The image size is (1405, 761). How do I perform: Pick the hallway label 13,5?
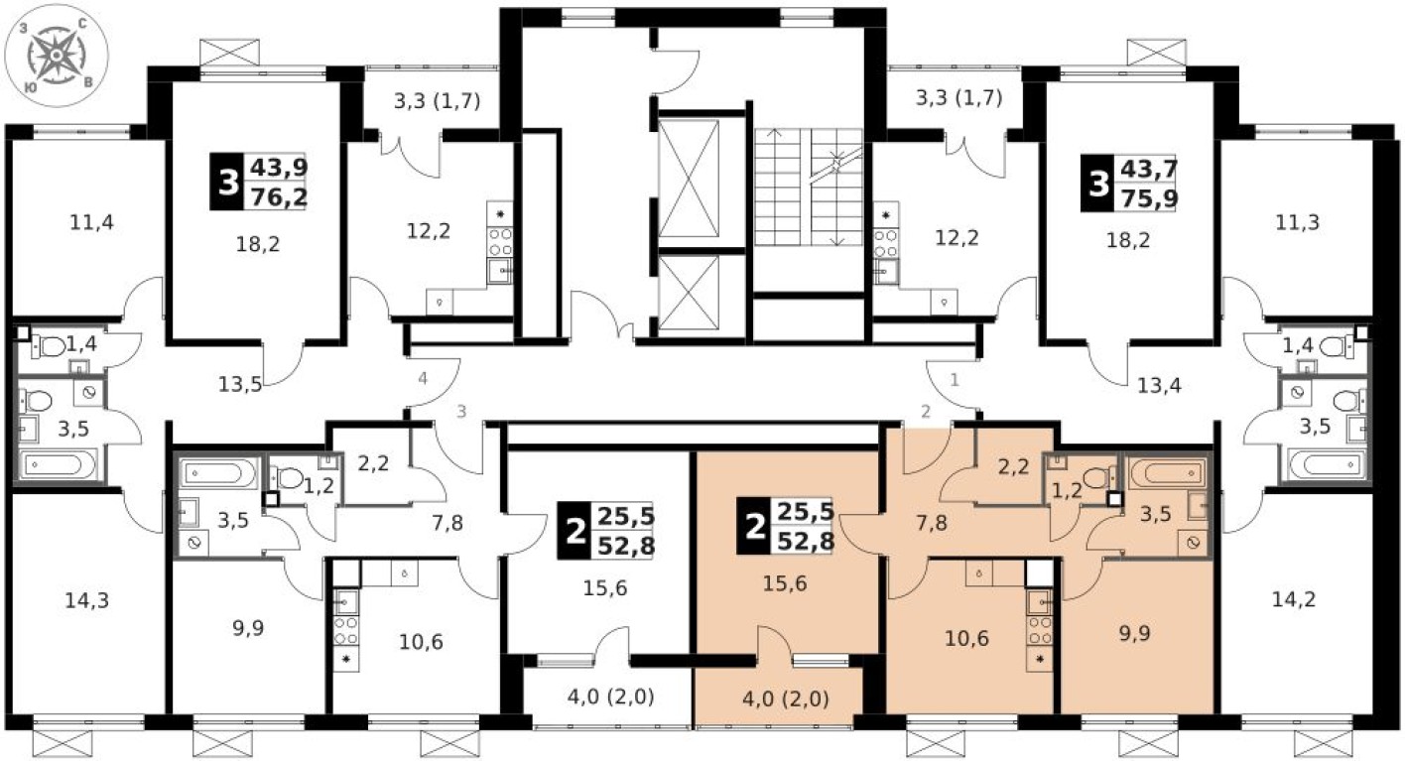coord(241,385)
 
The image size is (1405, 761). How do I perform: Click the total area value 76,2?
coord(278,197)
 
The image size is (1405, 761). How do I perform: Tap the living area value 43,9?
coord(278,169)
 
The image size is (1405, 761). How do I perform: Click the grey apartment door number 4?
coord(423,378)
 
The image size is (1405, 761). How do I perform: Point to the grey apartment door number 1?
coord(956,378)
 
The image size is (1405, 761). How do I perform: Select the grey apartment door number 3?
coord(460,412)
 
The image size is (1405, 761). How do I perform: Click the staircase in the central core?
coord(808,187)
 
